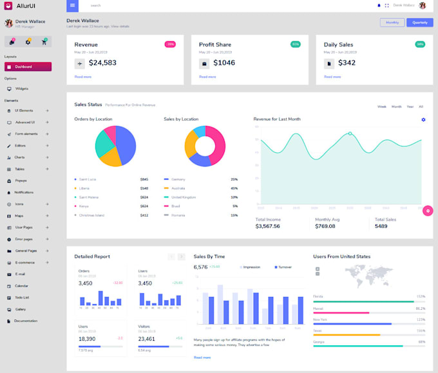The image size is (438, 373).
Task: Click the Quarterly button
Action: click(x=419, y=23)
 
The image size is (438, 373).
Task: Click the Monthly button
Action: click(x=392, y=23)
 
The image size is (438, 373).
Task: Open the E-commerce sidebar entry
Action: click(x=25, y=263)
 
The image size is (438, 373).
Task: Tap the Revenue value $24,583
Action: click(x=102, y=63)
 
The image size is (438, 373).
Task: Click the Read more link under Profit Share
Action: click(x=207, y=77)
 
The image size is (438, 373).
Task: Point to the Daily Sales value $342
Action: click(x=347, y=63)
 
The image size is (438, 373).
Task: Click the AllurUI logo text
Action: click(x=26, y=6)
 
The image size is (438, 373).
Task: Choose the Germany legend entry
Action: click(x=178, y=179)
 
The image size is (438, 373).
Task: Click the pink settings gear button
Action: click(x=427, y=210)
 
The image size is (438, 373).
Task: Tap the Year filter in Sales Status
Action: click(x=410, y=106)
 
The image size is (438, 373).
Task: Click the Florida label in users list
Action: click(x=318, y=296)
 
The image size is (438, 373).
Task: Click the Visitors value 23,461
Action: click(x=146, y=339)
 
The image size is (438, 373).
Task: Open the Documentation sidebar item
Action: click(x=26, y=321)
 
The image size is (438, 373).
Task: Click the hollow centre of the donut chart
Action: click(x=204, y=146)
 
